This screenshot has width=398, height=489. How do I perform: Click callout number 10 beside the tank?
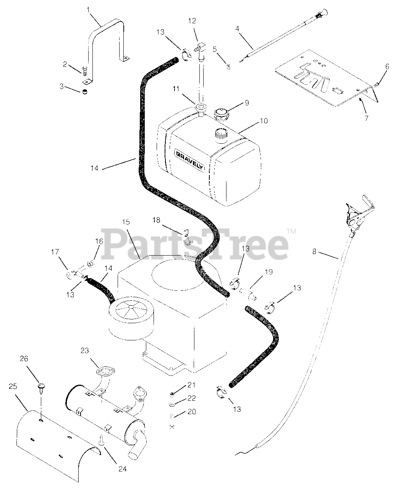264,121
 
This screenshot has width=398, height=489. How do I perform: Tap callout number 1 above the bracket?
88,10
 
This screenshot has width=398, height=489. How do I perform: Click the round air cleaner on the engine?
131,316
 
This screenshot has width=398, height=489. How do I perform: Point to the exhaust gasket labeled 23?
105,371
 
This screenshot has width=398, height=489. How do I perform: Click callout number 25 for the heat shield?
13,386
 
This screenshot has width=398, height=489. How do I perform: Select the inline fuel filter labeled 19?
248,294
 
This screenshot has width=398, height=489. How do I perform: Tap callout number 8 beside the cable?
314,252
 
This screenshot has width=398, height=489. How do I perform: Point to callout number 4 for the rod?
237,29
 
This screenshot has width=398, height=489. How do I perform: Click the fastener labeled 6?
376,84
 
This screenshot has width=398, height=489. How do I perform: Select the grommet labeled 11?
201,107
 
